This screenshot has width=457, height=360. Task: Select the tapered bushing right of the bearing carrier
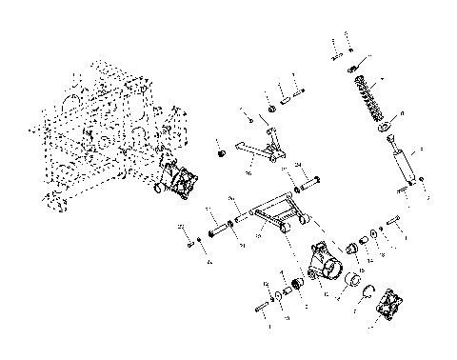[x=362, y=245]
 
